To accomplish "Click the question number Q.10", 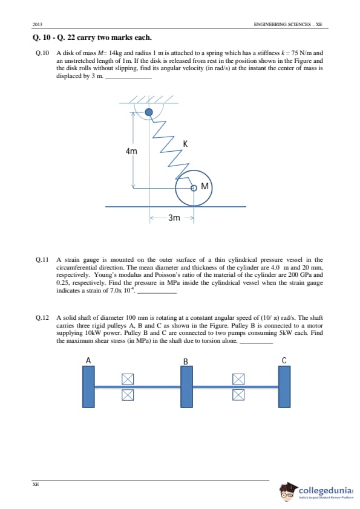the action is click(x=42, y=53).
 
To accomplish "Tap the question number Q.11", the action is click(x=42, y=260).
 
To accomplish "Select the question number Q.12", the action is click(x=42, y=317).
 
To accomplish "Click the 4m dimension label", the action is click(x=131, y=151).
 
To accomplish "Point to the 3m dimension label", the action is click(x=174, y=218).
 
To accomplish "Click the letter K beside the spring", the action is click(x=185, y=144).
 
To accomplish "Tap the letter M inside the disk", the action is click(x=205, y=186).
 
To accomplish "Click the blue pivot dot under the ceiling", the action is click(x=148, y=112).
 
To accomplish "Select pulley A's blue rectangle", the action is click(x=89, y=387).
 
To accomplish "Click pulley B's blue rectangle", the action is click(x=186, y=387).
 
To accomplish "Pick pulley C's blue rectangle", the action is click(x=284, y=387).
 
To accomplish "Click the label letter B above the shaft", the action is click(x=186, y=361).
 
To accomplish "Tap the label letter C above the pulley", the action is click(x=284, y=361).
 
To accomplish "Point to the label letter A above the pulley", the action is click(x=88, y=360).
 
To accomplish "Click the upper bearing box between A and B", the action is click(x=128, y=379).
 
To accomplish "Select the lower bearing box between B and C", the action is click(x=238, y=394).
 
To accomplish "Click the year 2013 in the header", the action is click(x=38, y=24).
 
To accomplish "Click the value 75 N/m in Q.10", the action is click(x=298, y=53).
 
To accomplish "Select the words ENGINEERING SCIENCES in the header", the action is click(x=281, y=24).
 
